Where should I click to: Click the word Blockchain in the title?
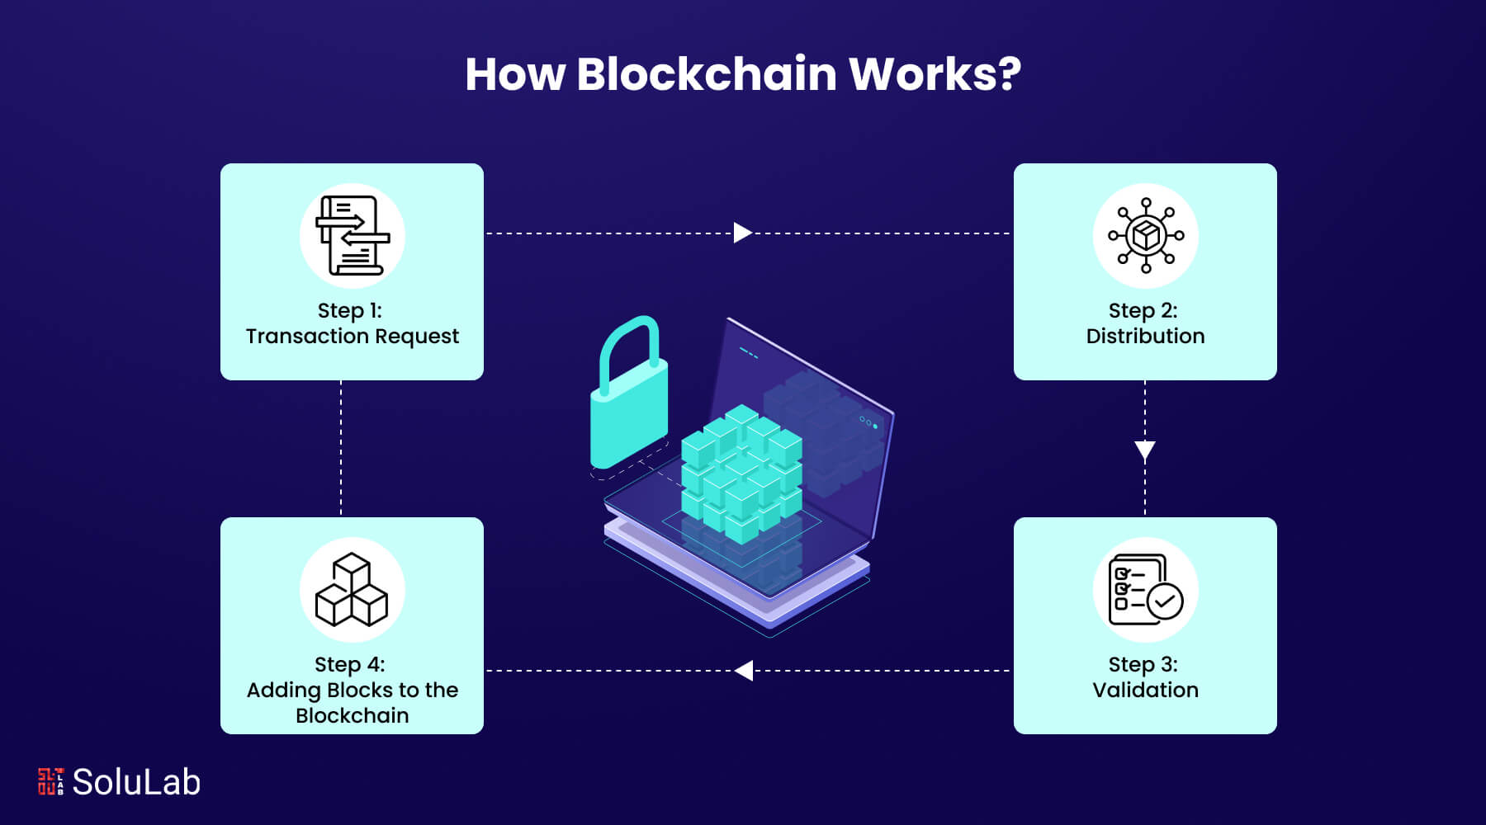tap(707, 74)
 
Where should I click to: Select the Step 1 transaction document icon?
tap(353, 236)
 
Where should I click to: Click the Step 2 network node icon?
tap(1145, 236)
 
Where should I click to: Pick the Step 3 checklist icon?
tap(1145, 591)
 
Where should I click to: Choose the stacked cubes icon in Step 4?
tap(353, 591)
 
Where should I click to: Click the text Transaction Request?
tap(353, 337)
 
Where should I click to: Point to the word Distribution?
tap(1145, 337)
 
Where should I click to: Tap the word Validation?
tap(1145, 691)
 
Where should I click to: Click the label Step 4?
tap(350, 665)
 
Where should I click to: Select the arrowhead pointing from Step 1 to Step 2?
tap(742, 233)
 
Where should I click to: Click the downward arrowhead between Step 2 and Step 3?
tap(1145, 450)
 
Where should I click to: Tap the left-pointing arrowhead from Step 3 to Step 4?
tap(744, 671)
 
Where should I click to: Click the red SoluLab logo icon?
tap(50, 781)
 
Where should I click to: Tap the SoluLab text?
tap(136, 782)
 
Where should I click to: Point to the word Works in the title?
tap(925, 74)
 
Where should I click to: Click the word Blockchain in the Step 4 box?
tap(353, 716)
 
